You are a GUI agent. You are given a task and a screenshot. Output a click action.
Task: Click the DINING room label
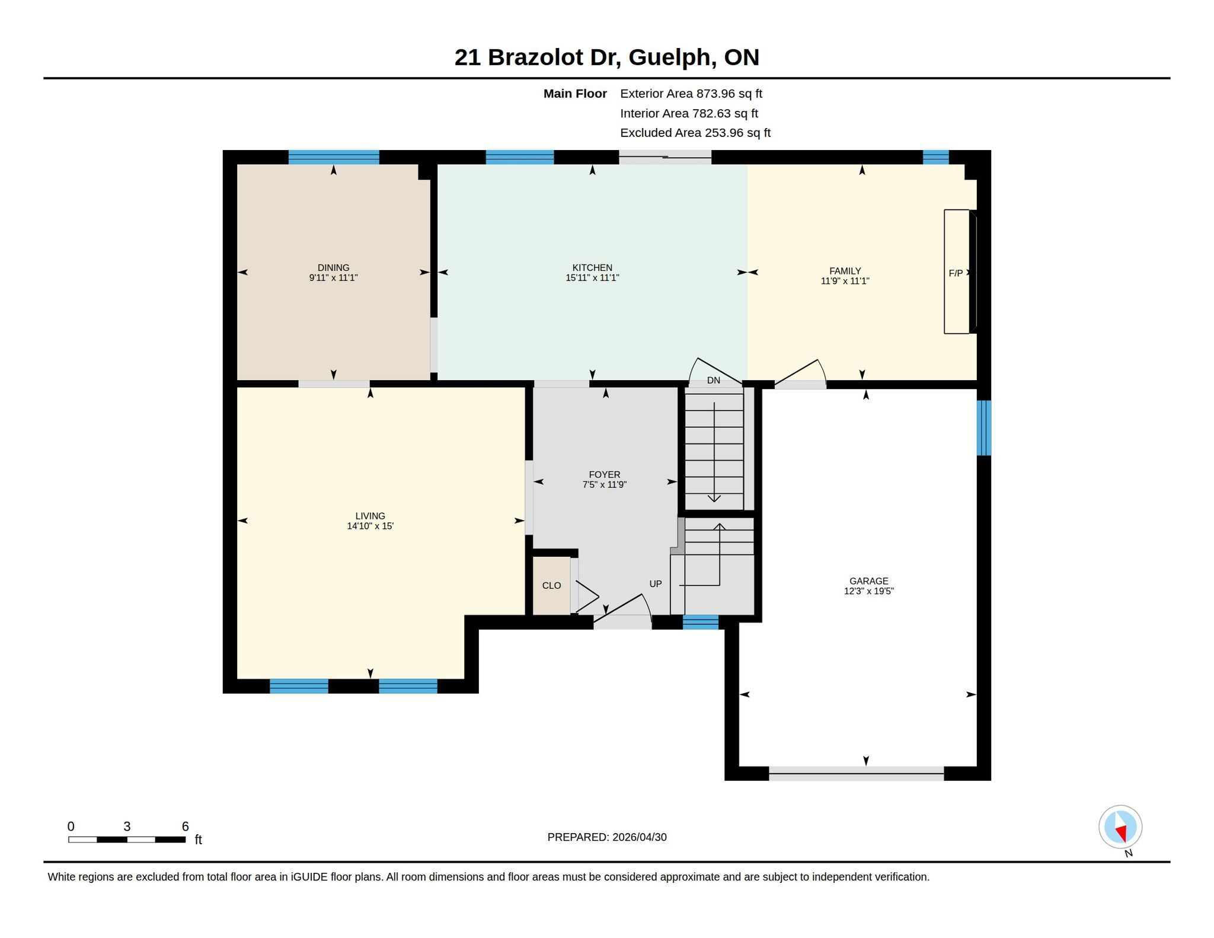pos(333,267)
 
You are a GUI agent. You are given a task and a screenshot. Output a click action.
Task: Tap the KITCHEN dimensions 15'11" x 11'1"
pos(592,277)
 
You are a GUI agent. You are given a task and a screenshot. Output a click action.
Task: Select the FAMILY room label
pos(845,271)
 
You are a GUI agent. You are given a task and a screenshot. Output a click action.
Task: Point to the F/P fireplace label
pos(956,273)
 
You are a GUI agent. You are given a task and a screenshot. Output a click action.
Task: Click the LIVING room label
pos(370,516)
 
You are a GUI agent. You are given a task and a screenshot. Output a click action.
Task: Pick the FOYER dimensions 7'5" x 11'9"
pos(604,484)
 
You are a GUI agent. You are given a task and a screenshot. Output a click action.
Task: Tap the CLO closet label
pos(551,586)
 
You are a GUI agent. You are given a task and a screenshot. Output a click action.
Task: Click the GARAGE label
pos(868,581)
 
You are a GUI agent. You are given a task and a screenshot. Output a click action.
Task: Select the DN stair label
pos(714,381)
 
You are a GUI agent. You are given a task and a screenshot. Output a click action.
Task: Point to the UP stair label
pos(655,584)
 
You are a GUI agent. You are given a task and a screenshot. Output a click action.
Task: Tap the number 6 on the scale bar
pos(185,827)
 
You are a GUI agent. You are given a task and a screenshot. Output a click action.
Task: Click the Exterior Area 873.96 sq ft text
pos(691,94)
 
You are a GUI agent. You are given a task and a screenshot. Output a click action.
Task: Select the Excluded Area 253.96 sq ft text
pos(695,133)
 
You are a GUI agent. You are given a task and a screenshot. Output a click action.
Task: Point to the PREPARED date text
pos(607,837)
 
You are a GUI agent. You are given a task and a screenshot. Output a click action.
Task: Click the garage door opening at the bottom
pos(856,773)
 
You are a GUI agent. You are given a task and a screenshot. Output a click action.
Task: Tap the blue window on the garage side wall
pos(983,427)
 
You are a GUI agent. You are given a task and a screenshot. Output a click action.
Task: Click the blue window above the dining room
pos(334,157)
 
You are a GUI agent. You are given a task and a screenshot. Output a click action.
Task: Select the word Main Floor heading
pos(575,94)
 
